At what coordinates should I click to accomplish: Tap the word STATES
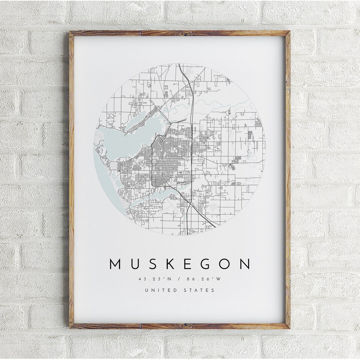click(x=199, y=290)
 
